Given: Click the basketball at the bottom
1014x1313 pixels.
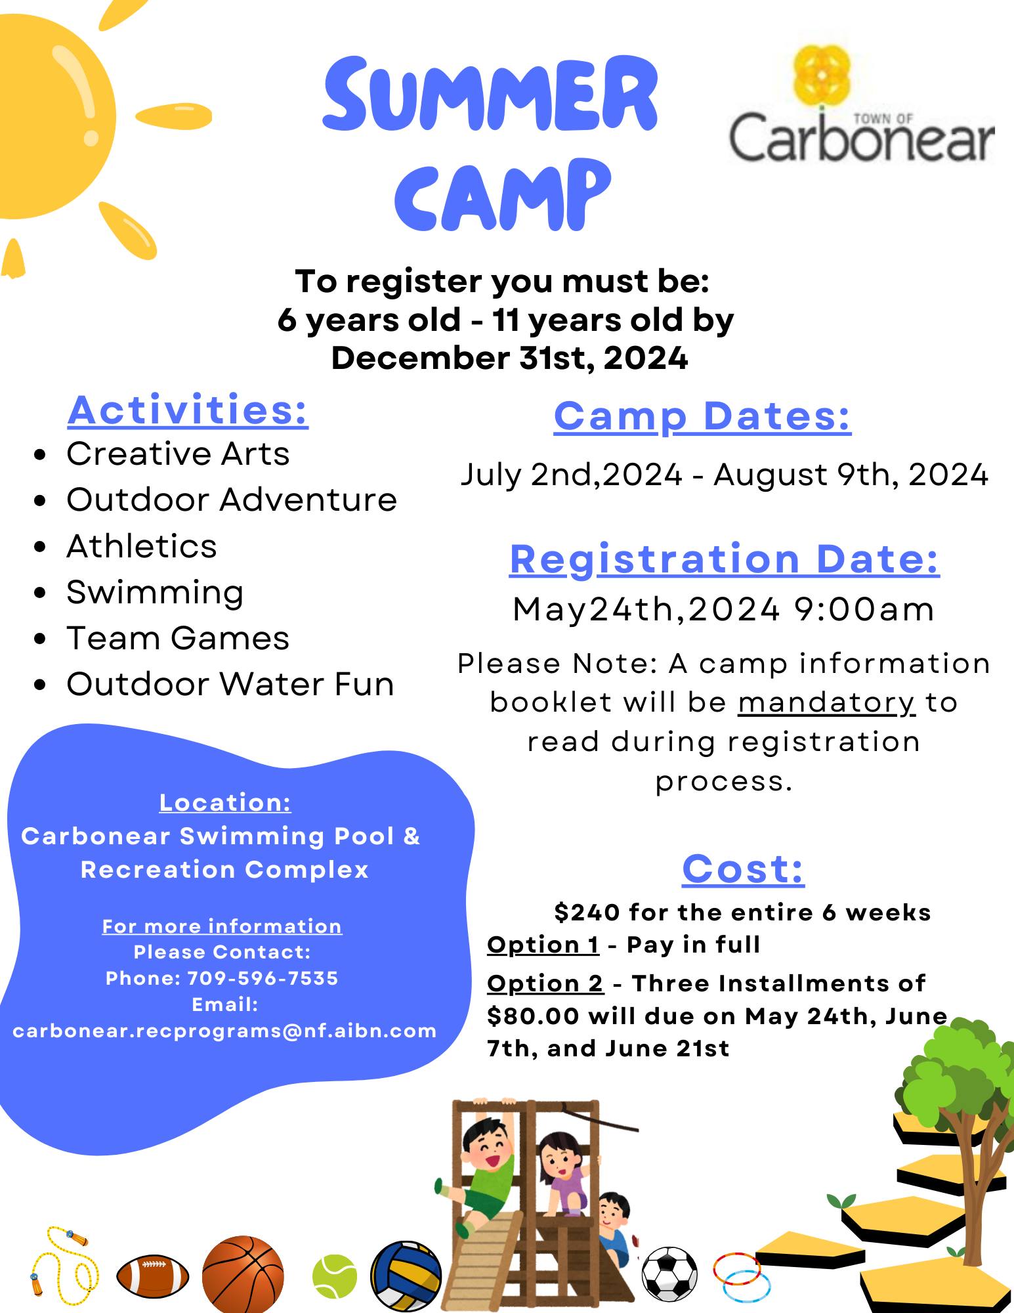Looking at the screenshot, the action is [x=243, y=1275].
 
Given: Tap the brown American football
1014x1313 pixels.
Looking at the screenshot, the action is [x=153, y=1276].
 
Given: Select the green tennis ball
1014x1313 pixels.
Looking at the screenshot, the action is [x=335, y=1276].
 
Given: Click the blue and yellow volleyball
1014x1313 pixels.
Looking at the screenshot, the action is [x=406, y=1275].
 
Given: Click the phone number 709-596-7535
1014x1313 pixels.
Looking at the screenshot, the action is [x=263, y=978].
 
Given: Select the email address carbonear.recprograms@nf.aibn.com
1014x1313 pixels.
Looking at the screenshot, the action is [x=224, y=1031].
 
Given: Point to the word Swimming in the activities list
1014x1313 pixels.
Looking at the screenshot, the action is [x=155, y=592].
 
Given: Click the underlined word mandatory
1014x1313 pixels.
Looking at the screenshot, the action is [x=827, y=702].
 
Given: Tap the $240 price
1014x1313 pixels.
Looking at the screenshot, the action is [x=587, y=912].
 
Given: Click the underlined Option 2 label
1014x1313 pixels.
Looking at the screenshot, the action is [x=545, y=983].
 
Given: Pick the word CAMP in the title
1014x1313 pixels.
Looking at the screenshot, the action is [x=503, y=193].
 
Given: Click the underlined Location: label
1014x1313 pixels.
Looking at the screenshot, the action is [x=225, y=802].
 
